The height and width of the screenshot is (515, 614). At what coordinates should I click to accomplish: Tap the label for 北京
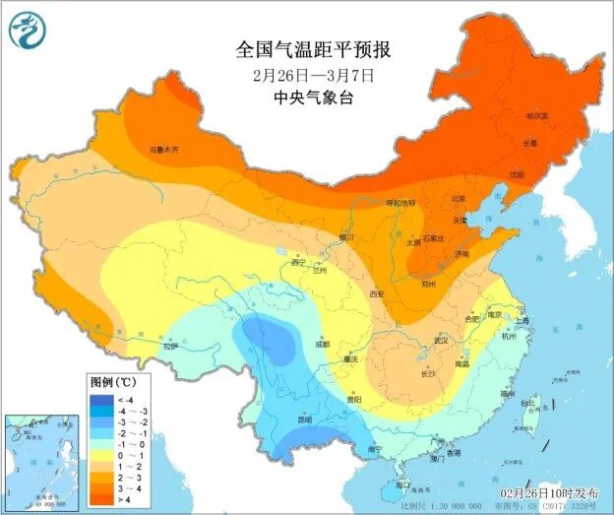[x=458, y=198]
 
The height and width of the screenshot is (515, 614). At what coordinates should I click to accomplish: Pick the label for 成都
[x=322, y=345]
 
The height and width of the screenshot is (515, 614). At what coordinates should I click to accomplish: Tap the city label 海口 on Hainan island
[x=402, y=484]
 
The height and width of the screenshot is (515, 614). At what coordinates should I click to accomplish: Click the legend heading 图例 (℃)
[x=113, y=381]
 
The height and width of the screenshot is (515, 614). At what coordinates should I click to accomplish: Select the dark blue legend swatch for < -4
[x=101, y=399]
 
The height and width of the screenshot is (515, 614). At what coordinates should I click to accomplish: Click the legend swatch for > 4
[x=101, y=499]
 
